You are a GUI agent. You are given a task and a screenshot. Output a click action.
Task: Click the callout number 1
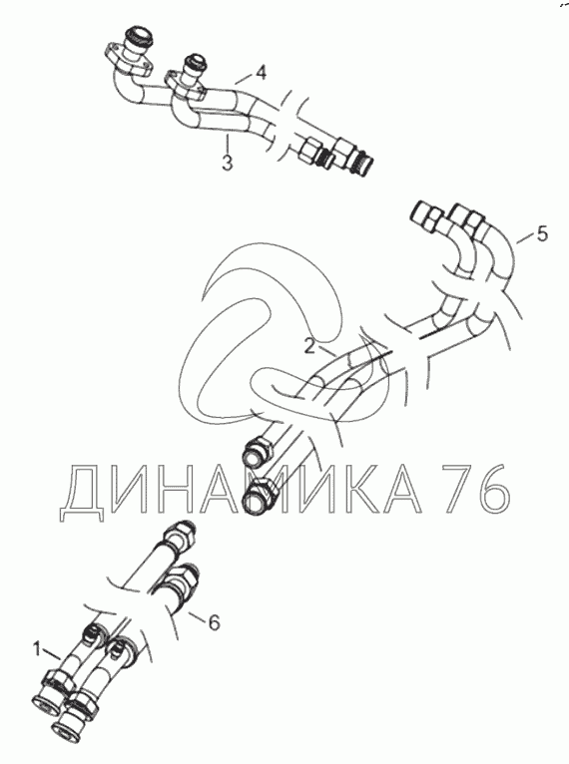37,649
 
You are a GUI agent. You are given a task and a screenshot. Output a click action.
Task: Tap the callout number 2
309,346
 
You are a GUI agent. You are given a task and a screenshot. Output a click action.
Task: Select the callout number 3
228,163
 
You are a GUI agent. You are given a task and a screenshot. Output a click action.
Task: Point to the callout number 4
262,73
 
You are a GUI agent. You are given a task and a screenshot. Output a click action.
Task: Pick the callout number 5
542,233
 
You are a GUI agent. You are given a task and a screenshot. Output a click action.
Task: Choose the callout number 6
214,622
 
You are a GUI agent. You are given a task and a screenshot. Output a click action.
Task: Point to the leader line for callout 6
195,615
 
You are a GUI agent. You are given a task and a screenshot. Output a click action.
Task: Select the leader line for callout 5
523,238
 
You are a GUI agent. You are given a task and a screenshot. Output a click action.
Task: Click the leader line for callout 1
52,654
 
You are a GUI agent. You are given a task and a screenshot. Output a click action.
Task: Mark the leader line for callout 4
246,79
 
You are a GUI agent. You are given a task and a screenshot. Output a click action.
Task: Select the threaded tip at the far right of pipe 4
364,165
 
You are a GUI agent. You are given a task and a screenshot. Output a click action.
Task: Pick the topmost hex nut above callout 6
181,532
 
